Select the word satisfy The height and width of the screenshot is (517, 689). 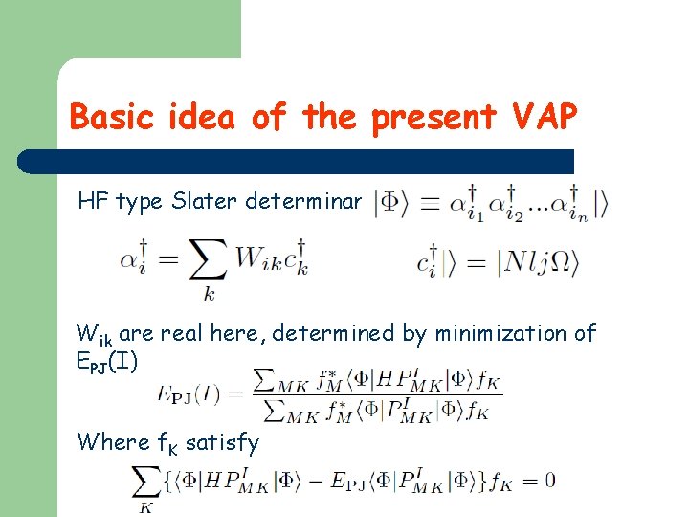coord(222,442)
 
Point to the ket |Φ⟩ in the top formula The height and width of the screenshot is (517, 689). coord(391,203)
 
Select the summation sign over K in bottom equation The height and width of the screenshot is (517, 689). coord(146,482)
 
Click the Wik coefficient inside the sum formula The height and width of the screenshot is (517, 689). coord(256,258)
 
